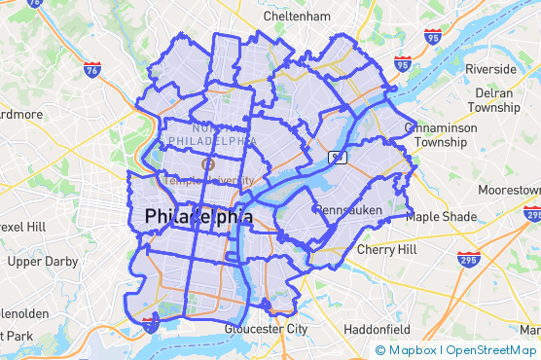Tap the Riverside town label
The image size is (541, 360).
[490, 69]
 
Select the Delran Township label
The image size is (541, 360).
[500, 100]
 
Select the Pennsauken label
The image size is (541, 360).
[345, 209]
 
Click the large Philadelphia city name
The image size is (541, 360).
[198, 217]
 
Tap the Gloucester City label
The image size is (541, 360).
[265, 329]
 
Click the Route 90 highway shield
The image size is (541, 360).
[336, 157]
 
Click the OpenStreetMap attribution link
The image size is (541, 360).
[490, 350]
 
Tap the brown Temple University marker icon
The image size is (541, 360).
[206, 164]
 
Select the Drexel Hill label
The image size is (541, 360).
[22, 227]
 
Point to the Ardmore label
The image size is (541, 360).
[19, 114]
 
